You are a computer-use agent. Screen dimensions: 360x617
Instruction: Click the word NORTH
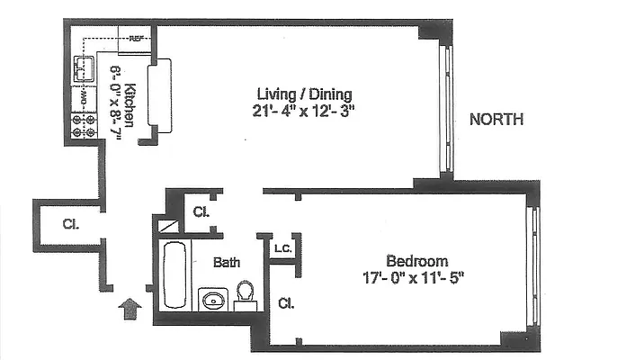[x=496, y=120]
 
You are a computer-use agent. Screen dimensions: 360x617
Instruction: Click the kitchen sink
[x=86, y=67]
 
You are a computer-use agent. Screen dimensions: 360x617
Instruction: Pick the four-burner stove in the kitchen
[x=84, y=125]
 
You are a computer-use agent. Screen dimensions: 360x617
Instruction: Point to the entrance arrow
[x=130, y=310]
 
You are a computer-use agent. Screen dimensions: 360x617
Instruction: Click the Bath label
[x=226, y=263]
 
